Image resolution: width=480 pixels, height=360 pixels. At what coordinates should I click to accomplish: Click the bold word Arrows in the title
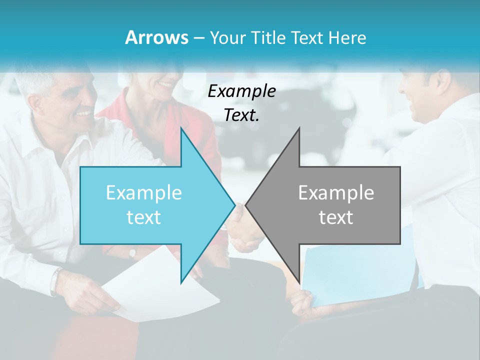coord(157,37)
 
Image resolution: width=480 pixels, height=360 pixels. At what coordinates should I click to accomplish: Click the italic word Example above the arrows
coord(241,91)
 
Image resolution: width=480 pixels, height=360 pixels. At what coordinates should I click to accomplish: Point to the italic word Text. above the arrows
coord(241,115)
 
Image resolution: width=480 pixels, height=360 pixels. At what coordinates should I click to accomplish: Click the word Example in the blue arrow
coord(144,193)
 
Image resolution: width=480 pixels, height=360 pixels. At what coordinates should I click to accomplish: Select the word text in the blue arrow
coord(144,217)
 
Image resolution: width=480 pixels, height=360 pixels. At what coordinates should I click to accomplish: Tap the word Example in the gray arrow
coord(336,193)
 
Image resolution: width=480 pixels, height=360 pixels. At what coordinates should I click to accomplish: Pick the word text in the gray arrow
coord(336,217)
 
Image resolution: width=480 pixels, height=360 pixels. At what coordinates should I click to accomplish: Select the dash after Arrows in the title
coord(198,38)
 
